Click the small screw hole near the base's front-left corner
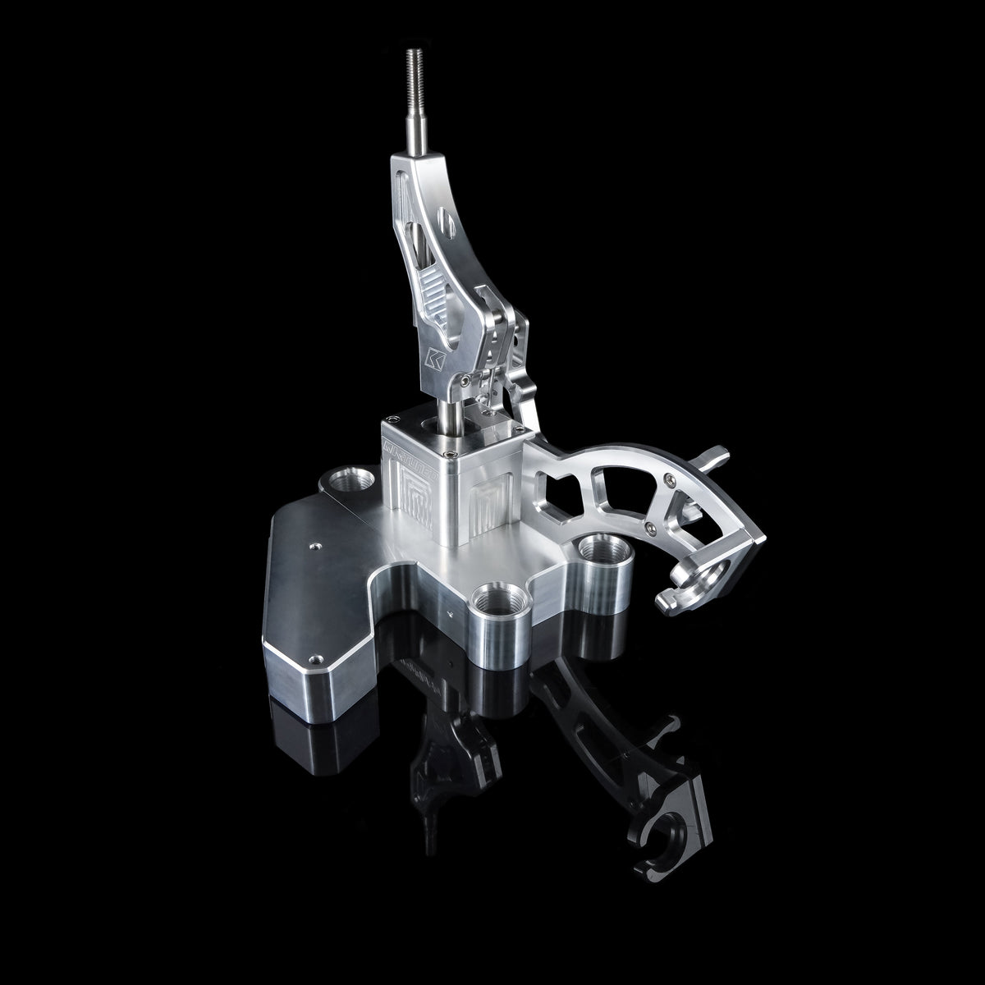click(x=313, y=659)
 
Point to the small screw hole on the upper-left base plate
click(x=313, y=543)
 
